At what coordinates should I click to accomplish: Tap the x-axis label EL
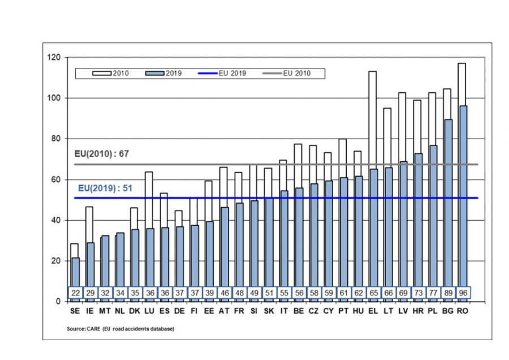click(x=373, y=311)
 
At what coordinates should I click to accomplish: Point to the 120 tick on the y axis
click(x=54, y=58)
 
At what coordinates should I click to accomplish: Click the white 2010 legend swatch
click(x=96, y=74)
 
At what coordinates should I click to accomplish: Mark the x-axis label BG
click(x=447, y=311)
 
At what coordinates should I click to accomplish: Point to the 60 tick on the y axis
click(x=56, y=179)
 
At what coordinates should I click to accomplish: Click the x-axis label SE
click(x=75, y=311)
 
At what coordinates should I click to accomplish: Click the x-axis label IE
click(x=89, y=311)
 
